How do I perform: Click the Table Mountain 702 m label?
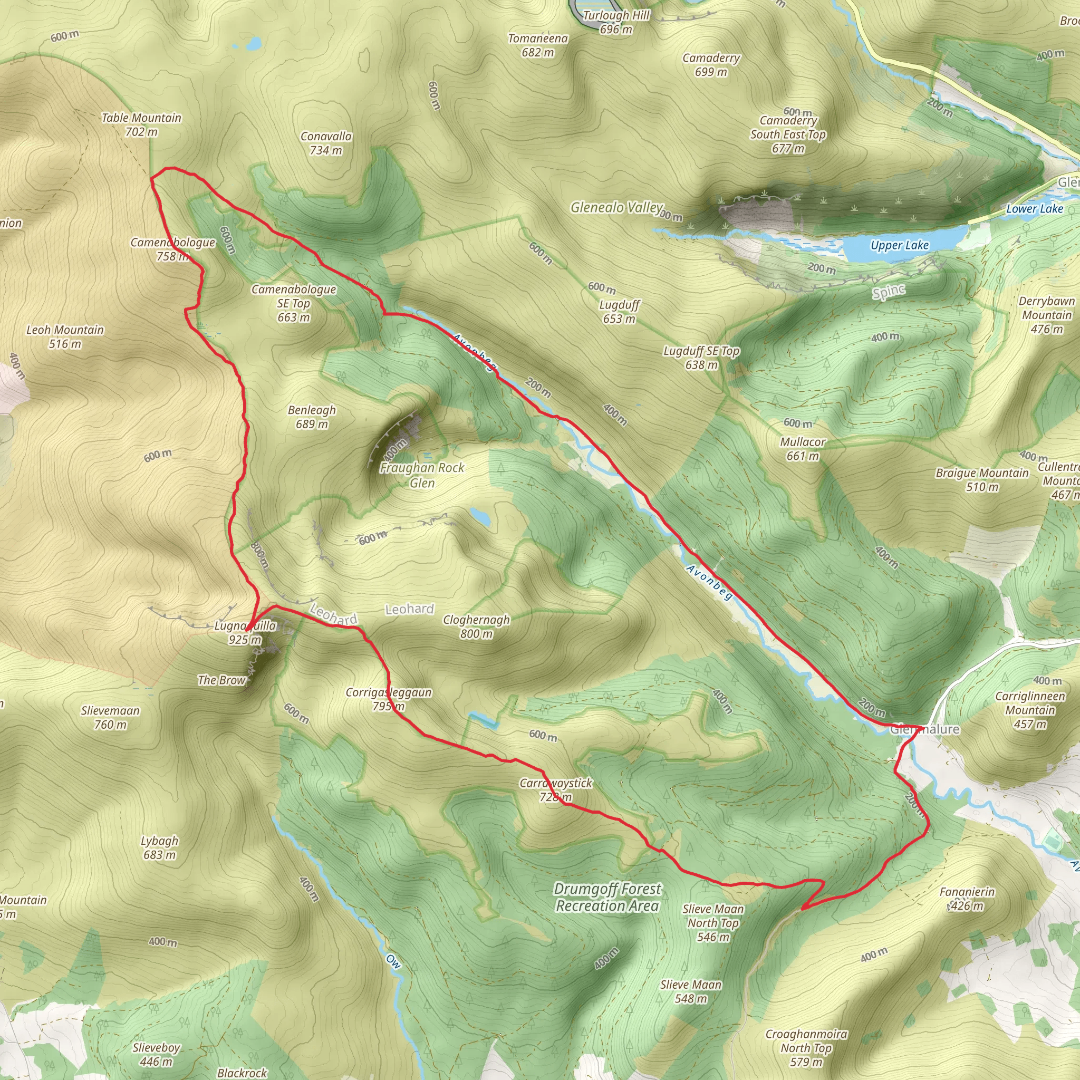pyautogui.click(x=141, y=124)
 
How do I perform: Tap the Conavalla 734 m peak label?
pyautogui.click(x=326, y=143)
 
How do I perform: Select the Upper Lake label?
pyautogui.click(x=900, y=245)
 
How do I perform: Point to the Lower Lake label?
pyautogui.click(x=1034, y=208)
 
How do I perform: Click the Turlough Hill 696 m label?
pyautogui.click(x=616, y=22)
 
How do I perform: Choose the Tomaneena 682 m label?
pyautogui.click(x=537, y=45)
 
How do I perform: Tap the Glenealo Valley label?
pyautogui.click(x=616, y=207)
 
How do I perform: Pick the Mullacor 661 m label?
pyautogui.click(x=802, y=449)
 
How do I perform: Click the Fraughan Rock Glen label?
pyautogui.click(x=422, y=475)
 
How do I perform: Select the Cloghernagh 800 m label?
pyautogui.click(x=476, y=626)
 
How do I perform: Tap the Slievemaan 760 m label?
pyautogui.click(x=110, y=718)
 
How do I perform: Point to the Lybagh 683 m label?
pyautogui.click(x=159, y=847)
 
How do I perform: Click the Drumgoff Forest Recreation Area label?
pyautogui.click(x=607, y=897)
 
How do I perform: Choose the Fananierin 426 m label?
pyautogui.click(x=967, y=898)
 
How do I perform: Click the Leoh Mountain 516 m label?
pyautogui.click(x=65, y=336)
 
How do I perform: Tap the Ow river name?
pyautogui.click(x=393, y=961)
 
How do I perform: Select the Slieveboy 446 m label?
pyautogui.click(x=156, y=1054)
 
